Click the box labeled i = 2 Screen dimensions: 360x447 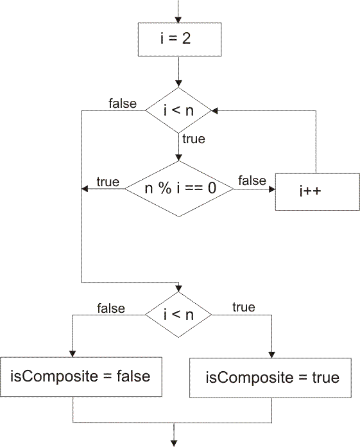180,39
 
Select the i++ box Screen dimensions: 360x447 317,192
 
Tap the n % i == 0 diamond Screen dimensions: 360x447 179,189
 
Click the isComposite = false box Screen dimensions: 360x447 81,376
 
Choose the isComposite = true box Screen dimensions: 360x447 270,378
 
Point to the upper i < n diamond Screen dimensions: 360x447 178,110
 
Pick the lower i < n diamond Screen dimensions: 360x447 178,315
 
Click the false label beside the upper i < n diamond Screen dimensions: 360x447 123,103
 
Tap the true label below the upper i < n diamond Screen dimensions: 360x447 194,139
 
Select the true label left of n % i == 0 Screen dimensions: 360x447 108,182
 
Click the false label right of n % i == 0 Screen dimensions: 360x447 252,180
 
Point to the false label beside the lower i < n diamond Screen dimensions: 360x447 111,308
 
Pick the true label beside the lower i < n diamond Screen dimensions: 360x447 244,307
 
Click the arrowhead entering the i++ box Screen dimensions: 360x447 272,189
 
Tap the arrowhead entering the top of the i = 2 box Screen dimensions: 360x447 178,20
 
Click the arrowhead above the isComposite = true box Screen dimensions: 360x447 271,355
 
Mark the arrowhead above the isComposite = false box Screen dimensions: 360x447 73,354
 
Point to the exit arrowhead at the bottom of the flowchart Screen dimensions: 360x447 174,444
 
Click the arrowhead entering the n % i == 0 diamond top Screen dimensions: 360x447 178,157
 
